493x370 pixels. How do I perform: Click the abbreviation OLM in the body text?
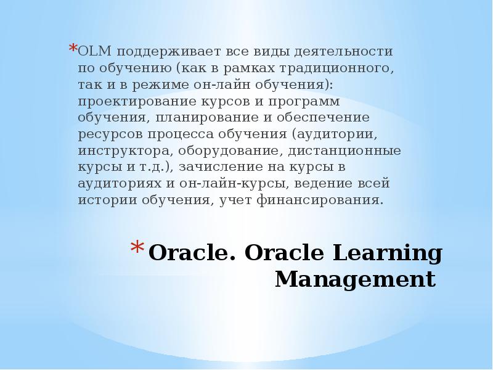(94, 51)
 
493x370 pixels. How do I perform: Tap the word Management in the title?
(355, 279)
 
